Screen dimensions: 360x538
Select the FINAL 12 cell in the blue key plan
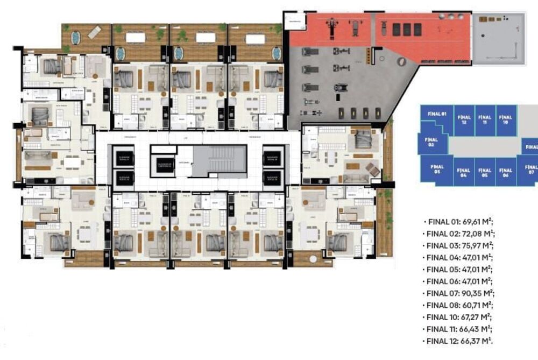[463, 119]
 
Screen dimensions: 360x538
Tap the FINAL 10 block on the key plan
[505, 119]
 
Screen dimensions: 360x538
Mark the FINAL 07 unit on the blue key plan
[530, 170]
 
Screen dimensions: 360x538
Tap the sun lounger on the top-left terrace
[94, 33]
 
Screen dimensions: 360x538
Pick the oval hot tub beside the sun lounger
[75, 38]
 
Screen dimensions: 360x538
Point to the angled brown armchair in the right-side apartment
[373, 170]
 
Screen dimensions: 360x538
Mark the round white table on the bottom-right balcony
[313, 259]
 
